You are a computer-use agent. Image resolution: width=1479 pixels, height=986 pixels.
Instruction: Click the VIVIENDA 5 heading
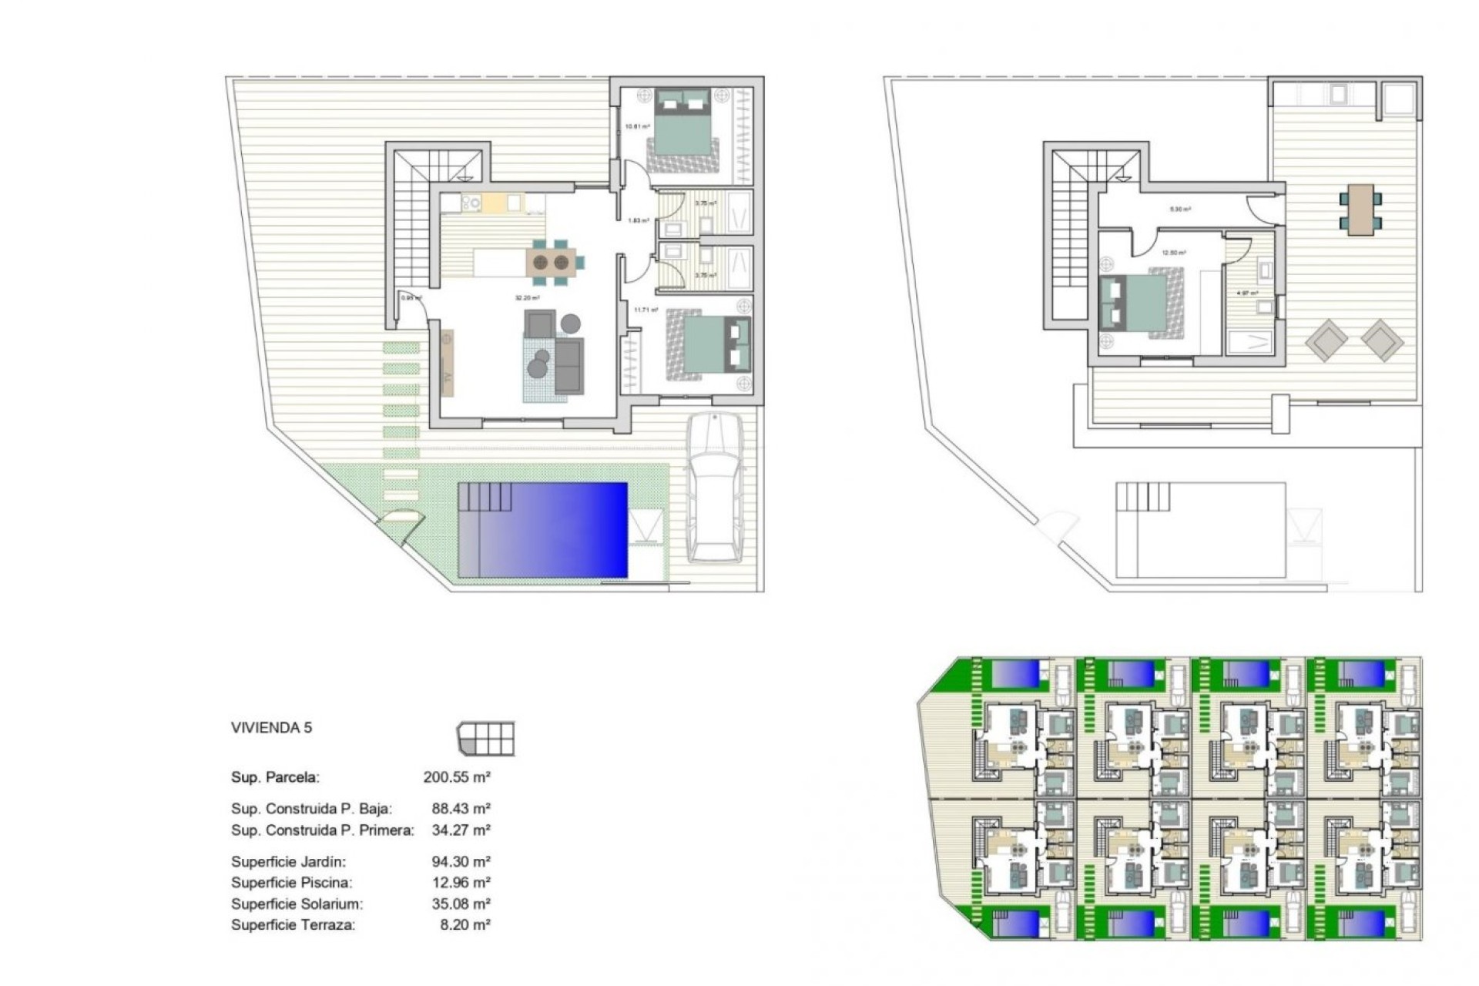[271, 728]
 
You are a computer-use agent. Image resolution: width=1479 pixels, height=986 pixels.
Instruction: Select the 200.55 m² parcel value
[457, 777]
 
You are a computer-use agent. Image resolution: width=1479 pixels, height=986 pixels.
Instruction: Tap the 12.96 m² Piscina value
[461, 883]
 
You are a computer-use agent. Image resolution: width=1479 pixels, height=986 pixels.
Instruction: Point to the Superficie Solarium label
[297, 904]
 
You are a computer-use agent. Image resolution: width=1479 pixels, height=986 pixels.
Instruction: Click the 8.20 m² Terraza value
[464, 925]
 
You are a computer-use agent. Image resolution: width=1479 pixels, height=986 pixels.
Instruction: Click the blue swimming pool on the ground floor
[543, 530]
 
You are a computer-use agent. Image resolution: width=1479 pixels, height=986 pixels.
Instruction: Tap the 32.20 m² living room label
[527, 298]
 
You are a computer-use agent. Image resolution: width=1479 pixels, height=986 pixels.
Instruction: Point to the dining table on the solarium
[1360, 210]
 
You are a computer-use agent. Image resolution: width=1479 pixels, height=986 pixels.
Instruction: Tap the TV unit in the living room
[446, 363]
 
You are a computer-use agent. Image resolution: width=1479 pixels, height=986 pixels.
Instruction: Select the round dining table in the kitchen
[551, 262]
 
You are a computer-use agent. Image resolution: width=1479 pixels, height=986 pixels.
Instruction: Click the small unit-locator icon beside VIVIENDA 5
[486, 739]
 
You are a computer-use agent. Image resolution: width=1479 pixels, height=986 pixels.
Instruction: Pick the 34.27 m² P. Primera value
[461, 830]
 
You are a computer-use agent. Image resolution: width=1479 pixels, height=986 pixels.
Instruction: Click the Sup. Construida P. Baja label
[311, 809]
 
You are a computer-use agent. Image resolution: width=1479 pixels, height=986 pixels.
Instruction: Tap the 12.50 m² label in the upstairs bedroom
[1173, 253]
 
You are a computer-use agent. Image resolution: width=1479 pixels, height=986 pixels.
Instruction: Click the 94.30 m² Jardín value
[461, 862]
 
